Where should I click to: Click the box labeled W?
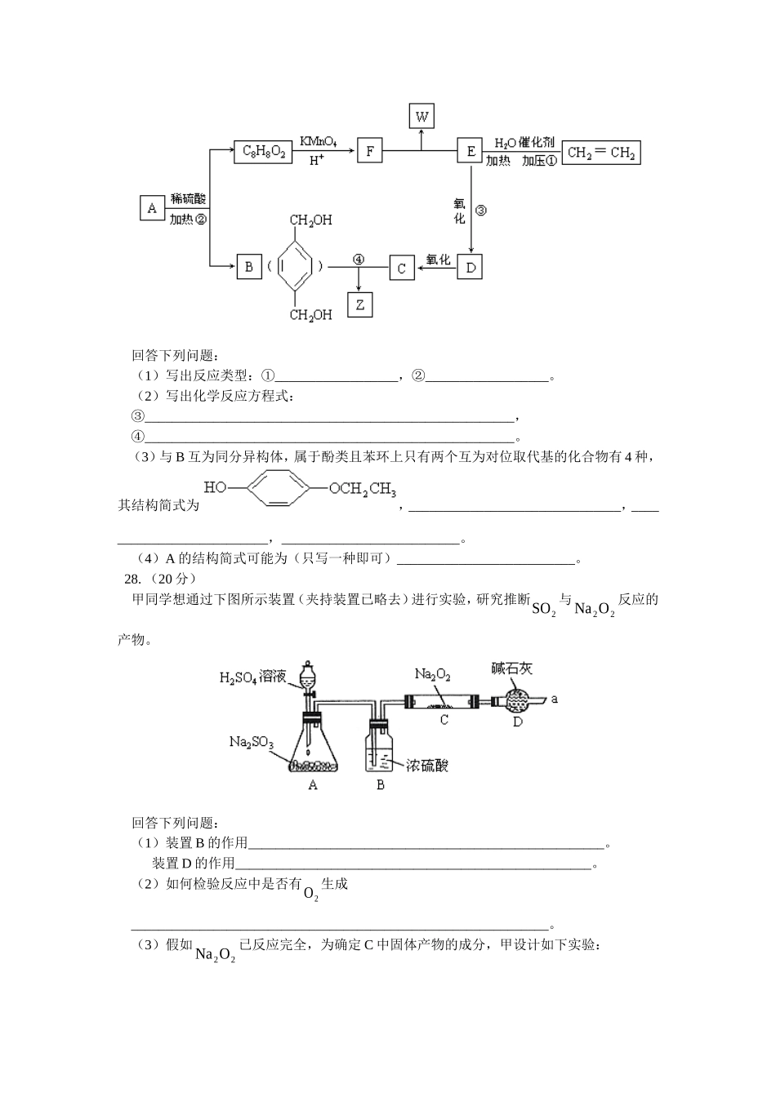point(421,116)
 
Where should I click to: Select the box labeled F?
point(369,151)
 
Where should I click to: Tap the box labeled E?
point(470,151)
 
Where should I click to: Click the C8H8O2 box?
point(263,151)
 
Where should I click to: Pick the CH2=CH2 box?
point(600,153)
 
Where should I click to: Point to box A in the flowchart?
point(152,208)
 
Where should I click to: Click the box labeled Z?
point(359,304)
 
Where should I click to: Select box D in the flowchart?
point(470,267)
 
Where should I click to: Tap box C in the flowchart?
point(401,268)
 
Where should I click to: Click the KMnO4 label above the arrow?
point(319,141)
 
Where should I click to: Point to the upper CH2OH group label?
point(311,220)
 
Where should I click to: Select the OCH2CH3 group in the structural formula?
point(363,490)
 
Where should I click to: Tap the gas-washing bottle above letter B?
point(380,747)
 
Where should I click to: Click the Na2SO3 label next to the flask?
point(251,742)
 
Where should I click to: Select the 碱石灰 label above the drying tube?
point(511,668)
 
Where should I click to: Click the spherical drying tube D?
point(517,700)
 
